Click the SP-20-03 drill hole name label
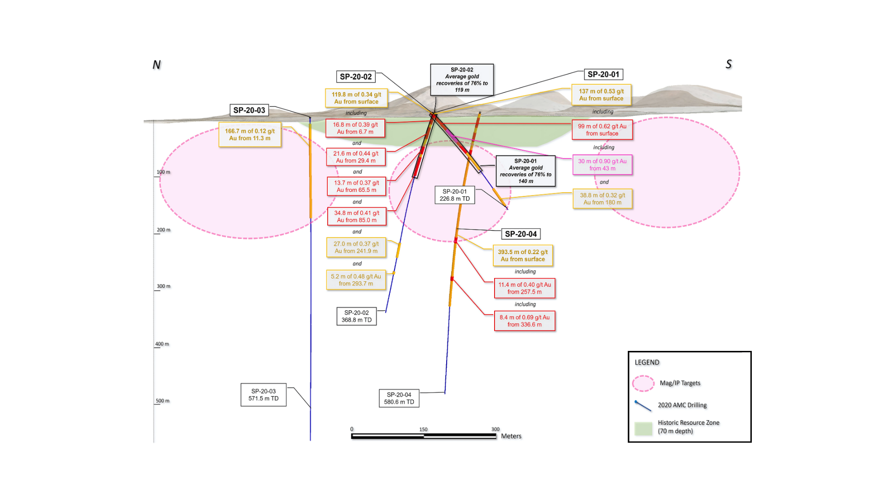click(x=249, y=110)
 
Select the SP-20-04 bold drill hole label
click(x=520, y=234)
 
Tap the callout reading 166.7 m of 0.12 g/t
click(x=250, y=135)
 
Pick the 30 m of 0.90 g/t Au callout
click(x=602, y=165)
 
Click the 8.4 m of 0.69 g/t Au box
click(x=525, y=321)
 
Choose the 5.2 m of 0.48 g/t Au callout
click(x=356, y=280)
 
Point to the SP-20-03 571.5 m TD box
click(x=263, y=395)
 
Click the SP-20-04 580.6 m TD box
click(x=399, y=398)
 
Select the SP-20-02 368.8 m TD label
click(x=356, y=316)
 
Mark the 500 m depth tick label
click(x=162, y=401)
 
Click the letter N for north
click(x=157, y=65)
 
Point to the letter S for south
click(x=729, y=64)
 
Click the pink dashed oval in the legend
click(x=643, y=383)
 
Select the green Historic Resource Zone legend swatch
click(x=643, y=429)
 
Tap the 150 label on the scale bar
click(x=423, y=429)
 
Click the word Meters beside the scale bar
click(x=511, y=436)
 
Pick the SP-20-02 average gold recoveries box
click(x=462, y=80)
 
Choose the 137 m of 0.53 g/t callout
click(x=601, y=95)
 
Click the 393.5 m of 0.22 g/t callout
click(x=523, y=255)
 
